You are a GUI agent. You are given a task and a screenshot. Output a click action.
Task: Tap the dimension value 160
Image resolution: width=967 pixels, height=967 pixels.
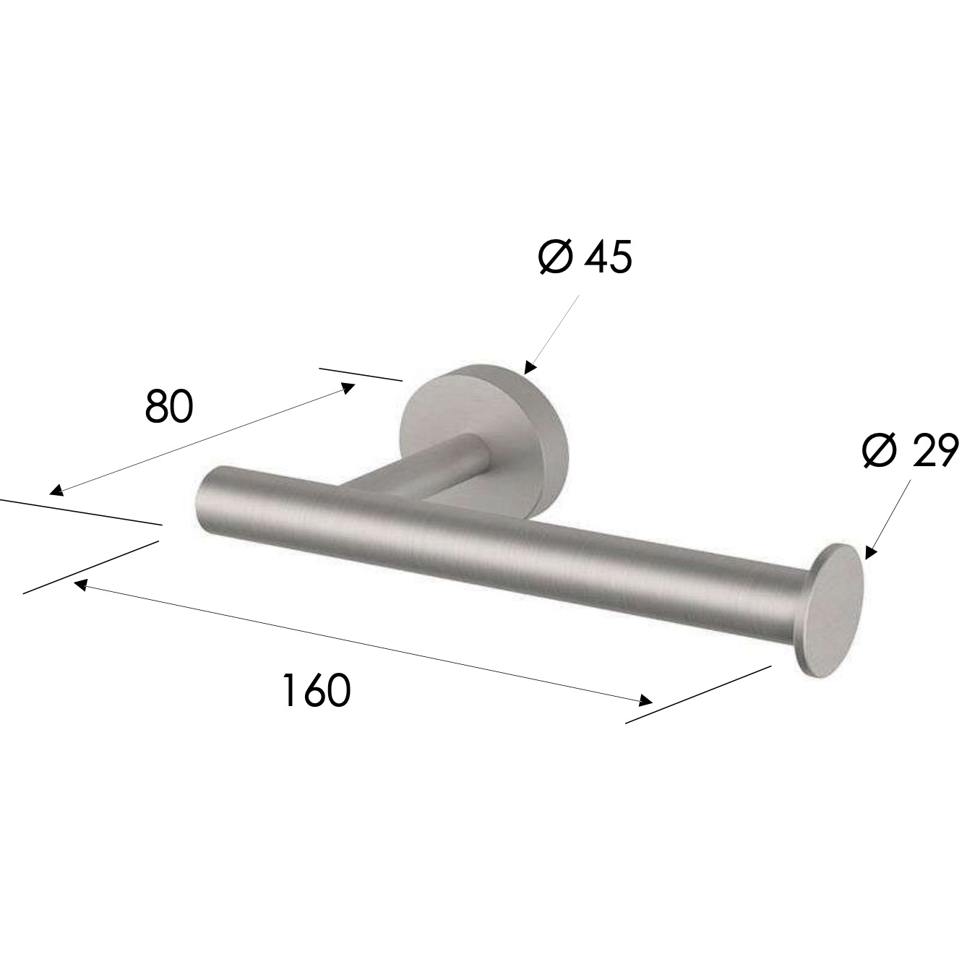click(316, 690)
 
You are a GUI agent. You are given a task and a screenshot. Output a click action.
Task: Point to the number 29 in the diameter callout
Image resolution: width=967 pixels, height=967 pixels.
click(933, 452)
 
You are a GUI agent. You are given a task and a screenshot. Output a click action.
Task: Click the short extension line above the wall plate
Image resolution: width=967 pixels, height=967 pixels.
click(361, 374)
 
